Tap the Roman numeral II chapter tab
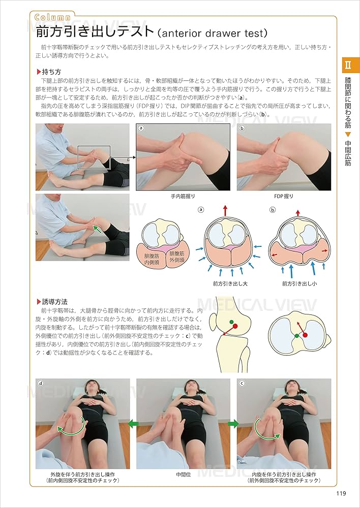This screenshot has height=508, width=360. click(x=348, y=65)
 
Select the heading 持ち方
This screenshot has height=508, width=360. click(x=51, y=72)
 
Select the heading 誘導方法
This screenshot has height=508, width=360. click(x=55, y=301)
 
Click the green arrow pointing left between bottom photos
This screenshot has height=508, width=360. click(x=133, y=423)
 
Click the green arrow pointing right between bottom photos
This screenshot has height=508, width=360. click(x=233, y=423)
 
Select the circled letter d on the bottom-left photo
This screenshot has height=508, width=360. click(x=41, y=384)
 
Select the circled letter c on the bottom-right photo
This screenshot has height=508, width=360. click(x=242, y=384)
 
